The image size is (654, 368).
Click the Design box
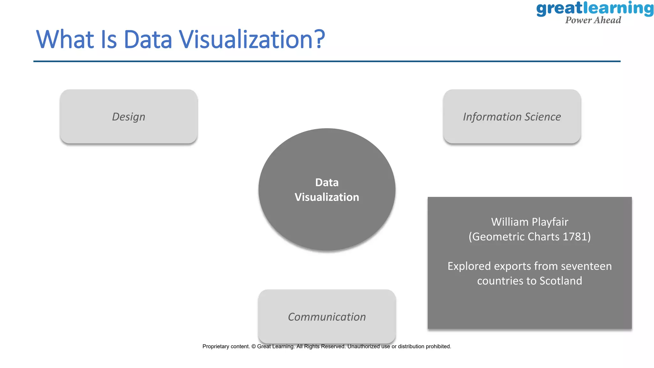(x=128, y=117)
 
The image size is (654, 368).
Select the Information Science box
(x=512, y=117)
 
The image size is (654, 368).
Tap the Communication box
(x=327, y=317)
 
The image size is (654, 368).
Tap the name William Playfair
(x=529, y=222)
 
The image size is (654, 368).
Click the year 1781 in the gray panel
(x=575, y=237)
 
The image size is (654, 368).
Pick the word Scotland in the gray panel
(x=561, y=281)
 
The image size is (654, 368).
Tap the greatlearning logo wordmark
(x=595, y=9)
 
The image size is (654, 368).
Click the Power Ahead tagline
(x=593, y=20)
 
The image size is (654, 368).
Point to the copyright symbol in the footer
(x=254, y=346)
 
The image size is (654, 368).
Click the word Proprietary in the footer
(x=216, y=346)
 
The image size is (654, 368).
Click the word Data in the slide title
(x=148, y=40)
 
